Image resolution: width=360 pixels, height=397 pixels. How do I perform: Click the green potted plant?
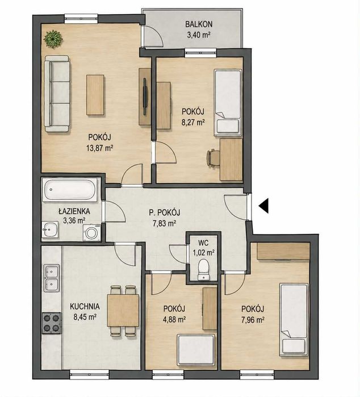tap(53, 39)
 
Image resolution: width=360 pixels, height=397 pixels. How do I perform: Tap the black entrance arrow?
tap(263, 206)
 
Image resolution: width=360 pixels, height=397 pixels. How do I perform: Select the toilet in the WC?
tap(203, 270)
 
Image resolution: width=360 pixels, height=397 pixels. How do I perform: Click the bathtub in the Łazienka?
tap(70, 190)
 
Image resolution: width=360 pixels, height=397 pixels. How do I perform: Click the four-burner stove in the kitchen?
tap(52, 323)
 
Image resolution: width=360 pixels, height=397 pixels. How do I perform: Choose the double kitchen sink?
tap(52, 278)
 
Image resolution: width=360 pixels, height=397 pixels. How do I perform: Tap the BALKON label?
tap(199, 24)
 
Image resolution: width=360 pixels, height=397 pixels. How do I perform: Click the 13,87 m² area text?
tap(99, 148)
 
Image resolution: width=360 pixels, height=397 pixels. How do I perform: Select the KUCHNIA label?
tap(85, 307)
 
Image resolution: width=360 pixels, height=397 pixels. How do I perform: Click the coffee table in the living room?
tap(95, 95)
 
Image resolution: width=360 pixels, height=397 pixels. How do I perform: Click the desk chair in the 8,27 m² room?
tap(213, 158)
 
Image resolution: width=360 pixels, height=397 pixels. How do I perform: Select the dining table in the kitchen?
tap(123, 311)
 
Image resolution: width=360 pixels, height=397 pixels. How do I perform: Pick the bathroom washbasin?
tap(50, 229)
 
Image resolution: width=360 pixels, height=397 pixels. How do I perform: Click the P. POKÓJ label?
tap(165, 212)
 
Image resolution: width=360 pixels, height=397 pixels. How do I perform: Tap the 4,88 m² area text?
tap(174, 319)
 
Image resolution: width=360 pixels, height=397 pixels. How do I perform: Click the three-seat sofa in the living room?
tap(57, 94)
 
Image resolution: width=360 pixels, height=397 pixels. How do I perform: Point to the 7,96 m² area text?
tap(253, 320)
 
